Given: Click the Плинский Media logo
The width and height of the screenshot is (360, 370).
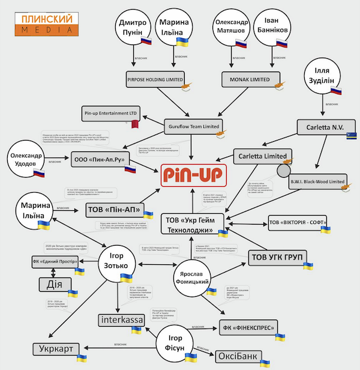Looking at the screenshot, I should click(46, 22).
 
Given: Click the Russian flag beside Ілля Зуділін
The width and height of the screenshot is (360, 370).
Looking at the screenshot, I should click(335, 93).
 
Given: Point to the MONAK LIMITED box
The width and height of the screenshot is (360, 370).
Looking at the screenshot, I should click(251, 79).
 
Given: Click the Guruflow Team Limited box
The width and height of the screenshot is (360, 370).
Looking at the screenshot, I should click(193, 126).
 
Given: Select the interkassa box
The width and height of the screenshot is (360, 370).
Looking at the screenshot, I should click(122, 320).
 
